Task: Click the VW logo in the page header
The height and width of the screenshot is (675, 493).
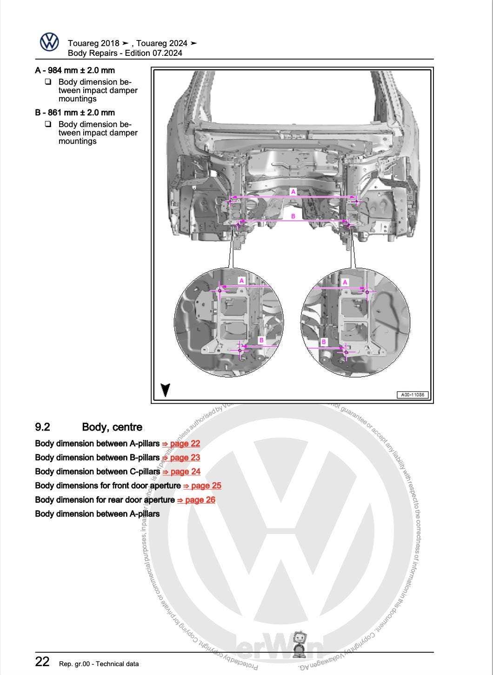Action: (x=49, y=42)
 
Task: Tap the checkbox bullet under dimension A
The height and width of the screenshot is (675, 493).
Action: (x=48, y=82)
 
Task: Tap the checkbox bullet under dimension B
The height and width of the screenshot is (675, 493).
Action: (x=48, y=124)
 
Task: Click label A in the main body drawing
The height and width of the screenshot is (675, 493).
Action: (x=293, y=192)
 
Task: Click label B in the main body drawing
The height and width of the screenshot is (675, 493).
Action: (x=293, y=216)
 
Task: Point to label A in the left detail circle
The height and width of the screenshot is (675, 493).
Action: (x=241, y=281)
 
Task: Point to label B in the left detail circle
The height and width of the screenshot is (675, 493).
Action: (x=261, y=340)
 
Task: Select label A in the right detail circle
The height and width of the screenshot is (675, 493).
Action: (x=345, y=283)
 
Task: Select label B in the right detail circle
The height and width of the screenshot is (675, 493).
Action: (x=324, y=342)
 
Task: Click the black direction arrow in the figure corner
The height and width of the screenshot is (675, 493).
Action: (x=165, y=390)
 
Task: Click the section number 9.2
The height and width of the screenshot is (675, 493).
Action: (x=42, y=427)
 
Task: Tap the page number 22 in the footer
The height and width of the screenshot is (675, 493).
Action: (x=42, y=662)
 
